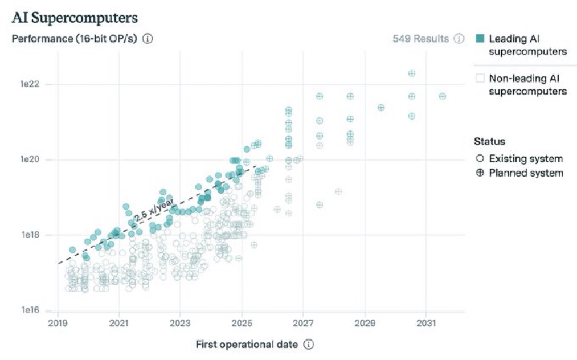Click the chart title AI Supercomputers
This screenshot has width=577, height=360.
(x=75, y=18)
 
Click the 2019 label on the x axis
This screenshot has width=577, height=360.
(x=58, y=323)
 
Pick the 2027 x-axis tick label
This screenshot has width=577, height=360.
(x=303, y=323)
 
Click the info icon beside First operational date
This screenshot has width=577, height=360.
(x=309, y=345)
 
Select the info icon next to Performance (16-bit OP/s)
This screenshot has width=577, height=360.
(x=148, y=39)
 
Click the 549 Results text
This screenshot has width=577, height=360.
(x=421, y=39)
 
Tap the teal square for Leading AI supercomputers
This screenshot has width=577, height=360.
(x=480, y=39)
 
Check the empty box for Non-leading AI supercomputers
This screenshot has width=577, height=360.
(x=480, y=78)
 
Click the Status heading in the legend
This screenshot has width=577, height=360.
(x=489, y=141)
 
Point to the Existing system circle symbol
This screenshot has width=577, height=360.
(x=480, y=159)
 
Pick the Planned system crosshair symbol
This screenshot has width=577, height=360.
(x=480, y=173)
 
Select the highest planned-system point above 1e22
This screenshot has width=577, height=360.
(x=412, y=73)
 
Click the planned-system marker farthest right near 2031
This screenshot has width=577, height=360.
(x=443, y=96)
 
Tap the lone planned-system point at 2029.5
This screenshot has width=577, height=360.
(x=381, y=108)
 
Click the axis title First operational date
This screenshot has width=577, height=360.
(x=247, y=345)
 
